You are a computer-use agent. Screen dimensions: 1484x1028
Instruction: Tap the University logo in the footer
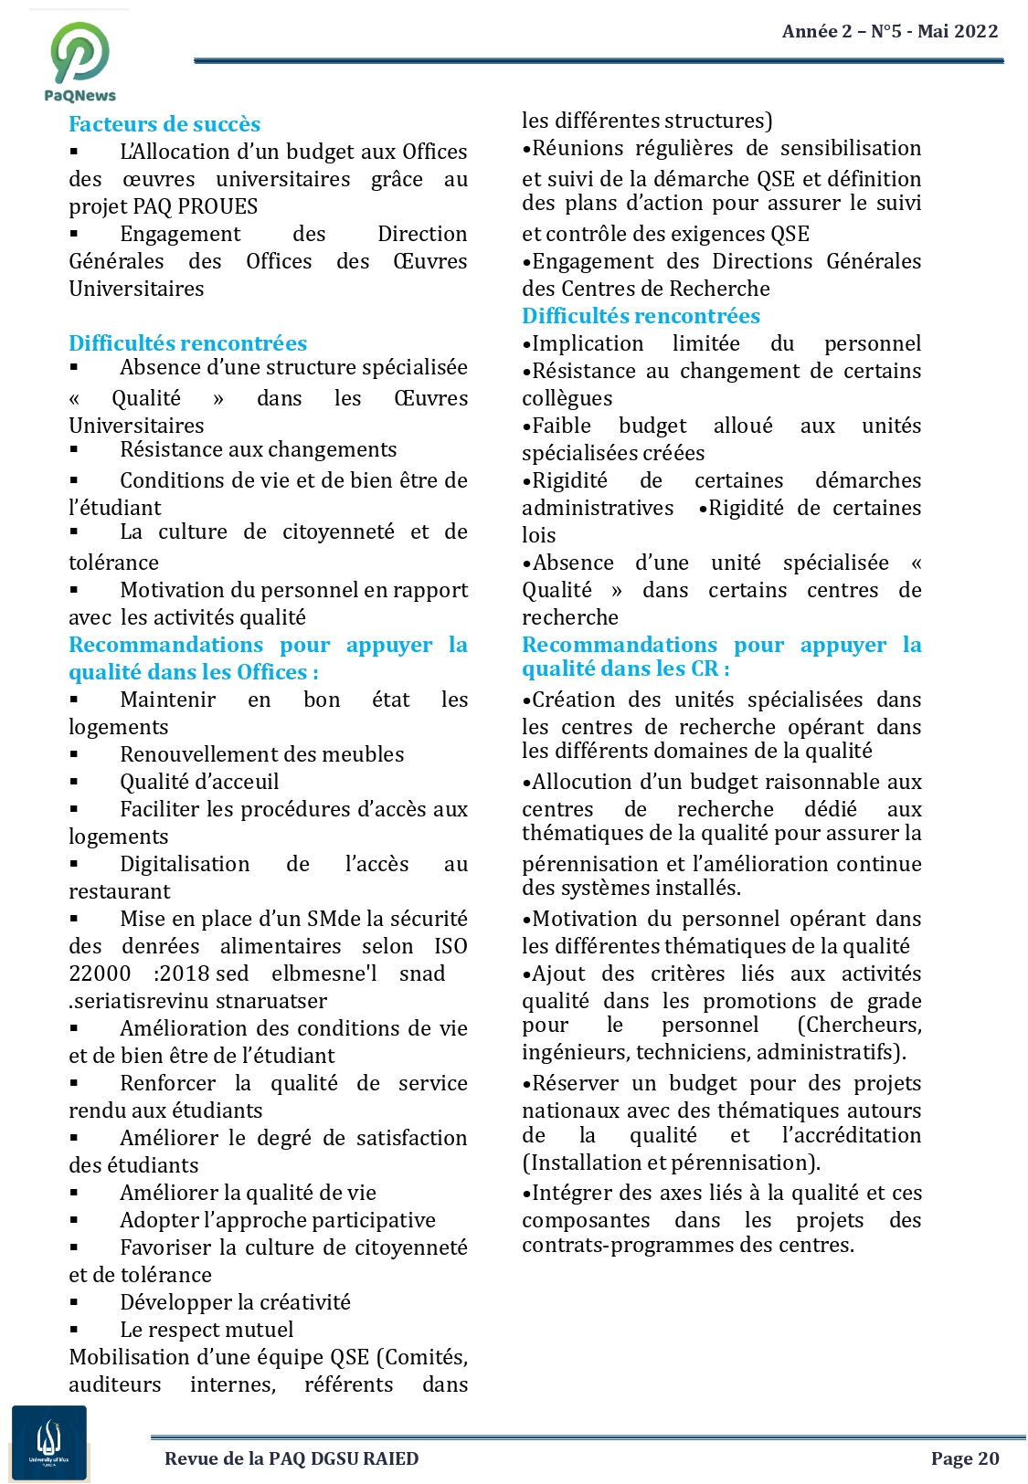click(49, 1442)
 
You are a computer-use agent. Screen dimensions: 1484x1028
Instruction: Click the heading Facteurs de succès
click(164, 124)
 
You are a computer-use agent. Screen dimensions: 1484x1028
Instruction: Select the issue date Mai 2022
click(958, 31)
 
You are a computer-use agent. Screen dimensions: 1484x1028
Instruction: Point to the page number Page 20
click(965, 1458)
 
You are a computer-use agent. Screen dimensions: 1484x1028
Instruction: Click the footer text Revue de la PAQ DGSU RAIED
click(291, 1458)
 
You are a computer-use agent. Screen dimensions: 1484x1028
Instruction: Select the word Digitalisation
click(185, 864)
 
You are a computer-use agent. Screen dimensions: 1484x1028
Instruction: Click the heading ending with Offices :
click(194, 672)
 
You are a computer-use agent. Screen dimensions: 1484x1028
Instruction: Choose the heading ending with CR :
click(626, 668)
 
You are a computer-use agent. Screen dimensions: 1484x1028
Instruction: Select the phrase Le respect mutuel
click(207, 1330)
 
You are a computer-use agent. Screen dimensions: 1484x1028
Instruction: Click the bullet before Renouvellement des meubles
click(75, 754)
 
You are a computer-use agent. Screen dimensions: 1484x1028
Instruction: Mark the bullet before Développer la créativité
click(75, 1302)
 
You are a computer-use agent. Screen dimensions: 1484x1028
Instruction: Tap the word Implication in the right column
click(588, 343)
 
